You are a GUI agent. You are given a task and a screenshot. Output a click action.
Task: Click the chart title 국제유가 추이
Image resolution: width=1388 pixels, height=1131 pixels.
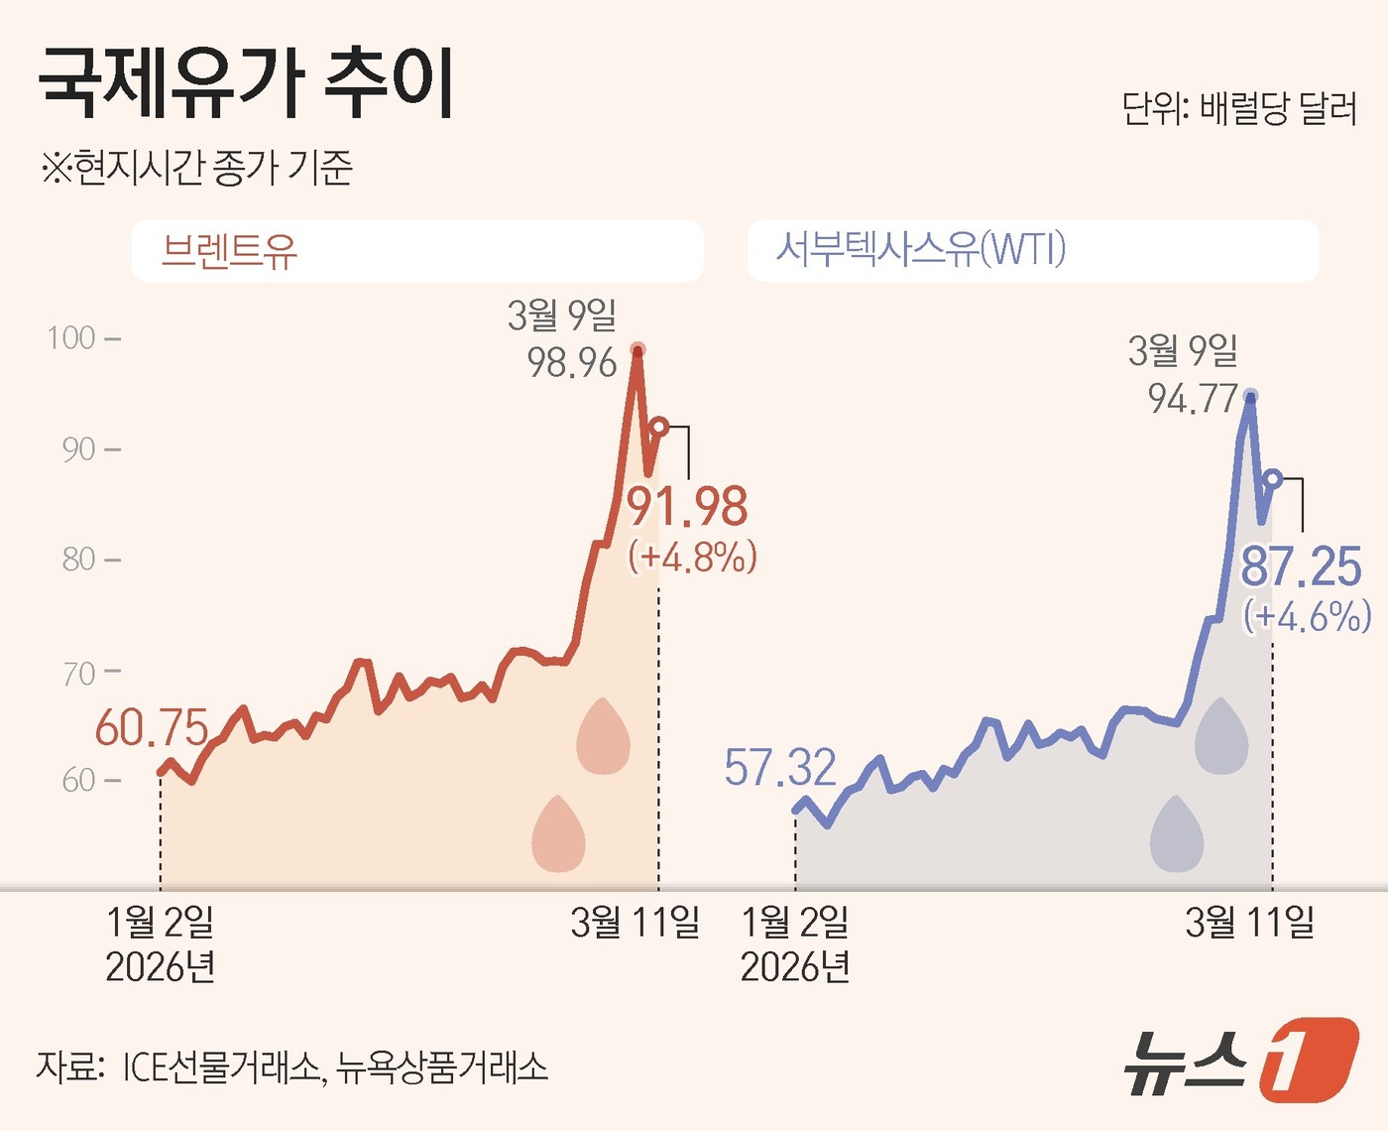click(x=246, y=83)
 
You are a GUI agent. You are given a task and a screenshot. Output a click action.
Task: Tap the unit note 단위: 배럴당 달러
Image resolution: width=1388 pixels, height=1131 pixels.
click(x=1238, y=108)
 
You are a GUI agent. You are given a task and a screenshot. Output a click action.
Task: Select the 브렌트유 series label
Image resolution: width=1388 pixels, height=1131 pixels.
click(x=229, y=251)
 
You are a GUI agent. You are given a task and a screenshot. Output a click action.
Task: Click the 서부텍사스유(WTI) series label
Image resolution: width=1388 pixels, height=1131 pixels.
click(x=920, y=249)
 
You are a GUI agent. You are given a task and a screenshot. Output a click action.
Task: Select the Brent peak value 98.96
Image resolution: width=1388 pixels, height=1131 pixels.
click(x=572, y=363)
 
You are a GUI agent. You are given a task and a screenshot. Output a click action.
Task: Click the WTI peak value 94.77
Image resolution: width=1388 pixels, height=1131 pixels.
click(x=1193, y=399)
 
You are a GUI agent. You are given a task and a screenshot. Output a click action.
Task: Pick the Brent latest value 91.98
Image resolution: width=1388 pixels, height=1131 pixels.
click(x=687, y=507)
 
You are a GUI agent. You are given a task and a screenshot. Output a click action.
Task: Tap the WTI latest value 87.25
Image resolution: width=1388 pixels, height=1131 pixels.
click(x=1302, y=567)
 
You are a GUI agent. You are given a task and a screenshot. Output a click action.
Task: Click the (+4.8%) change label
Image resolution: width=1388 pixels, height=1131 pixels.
click(x=693, y=557)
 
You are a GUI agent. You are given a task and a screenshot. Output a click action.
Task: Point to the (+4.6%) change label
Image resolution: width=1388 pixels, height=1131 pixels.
click(x=1308, y=616)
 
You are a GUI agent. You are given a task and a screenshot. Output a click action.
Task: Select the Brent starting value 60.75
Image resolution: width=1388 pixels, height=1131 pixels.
click(x=152, y=728)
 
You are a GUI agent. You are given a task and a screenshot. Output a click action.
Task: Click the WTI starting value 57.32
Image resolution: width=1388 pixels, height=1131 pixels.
click(x=780, y=767)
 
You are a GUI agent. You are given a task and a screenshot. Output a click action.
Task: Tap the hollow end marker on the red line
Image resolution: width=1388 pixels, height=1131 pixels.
click(x=659, y=428)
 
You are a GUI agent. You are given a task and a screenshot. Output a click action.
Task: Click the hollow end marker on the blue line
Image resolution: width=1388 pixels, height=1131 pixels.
click(x=1273, y=479)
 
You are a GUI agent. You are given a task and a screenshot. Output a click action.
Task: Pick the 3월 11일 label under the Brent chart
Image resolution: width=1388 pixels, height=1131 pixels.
click(x=635, y=923)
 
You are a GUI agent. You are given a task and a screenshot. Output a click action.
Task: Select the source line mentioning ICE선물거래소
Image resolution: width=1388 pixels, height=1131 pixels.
click(x=291, y=1067)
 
